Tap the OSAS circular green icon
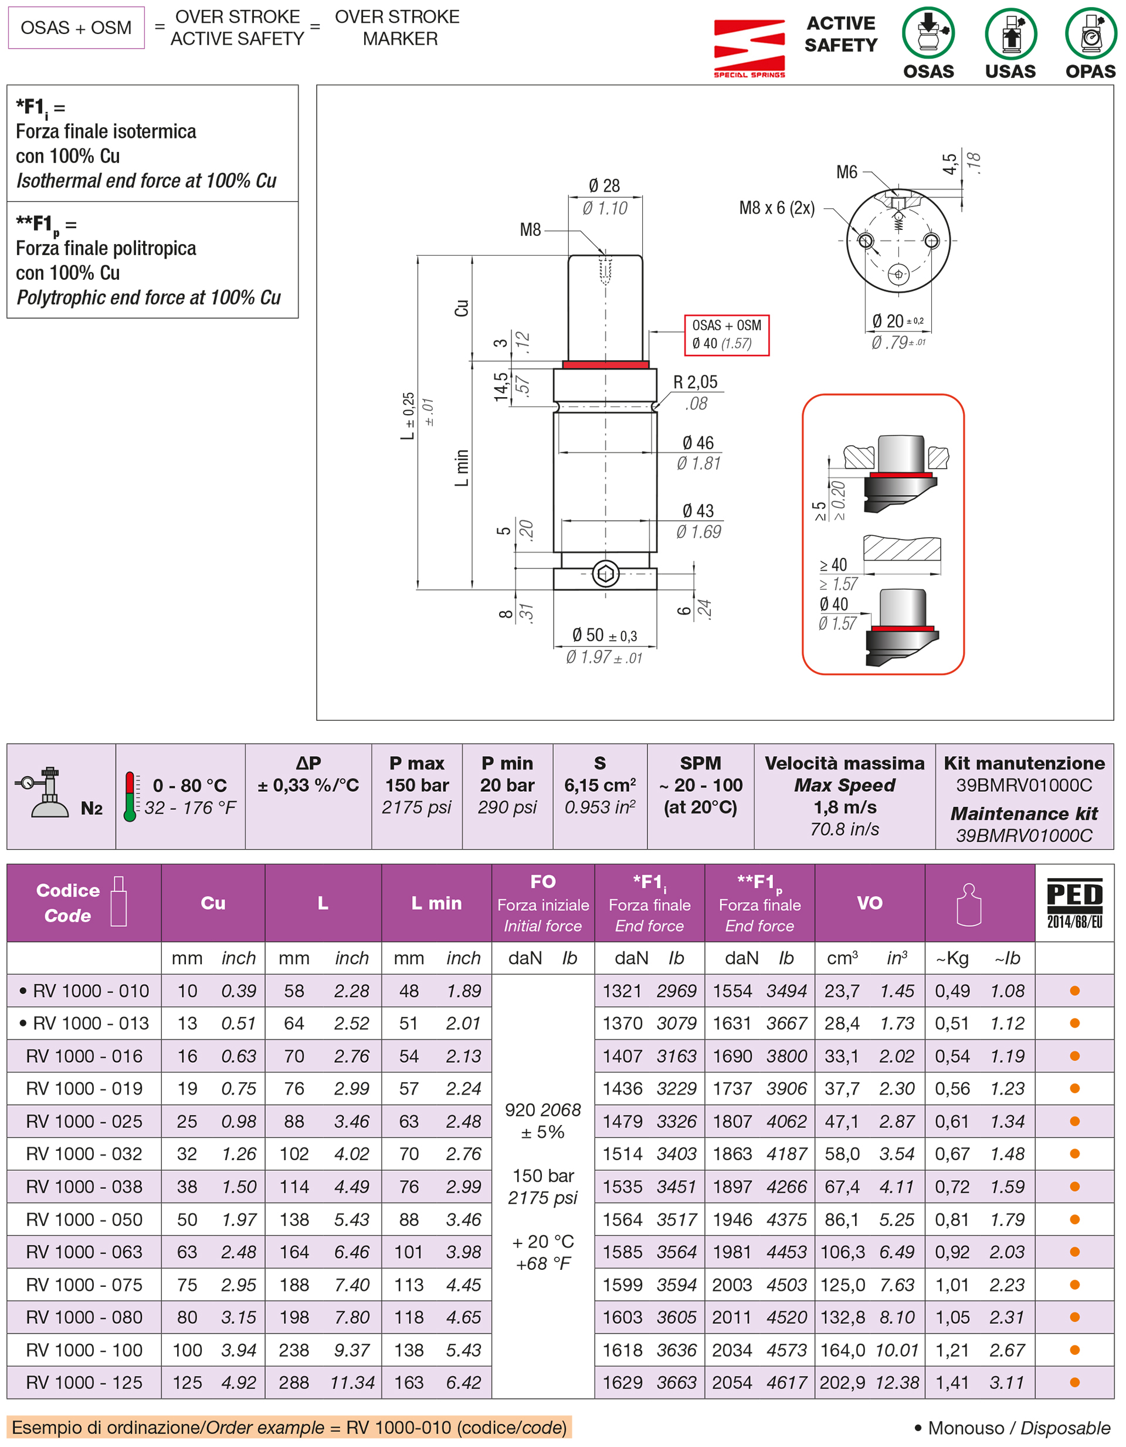(928, 33)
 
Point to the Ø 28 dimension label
(604, 186)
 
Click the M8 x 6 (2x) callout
(776, 208)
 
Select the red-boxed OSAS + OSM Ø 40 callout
(727, 334)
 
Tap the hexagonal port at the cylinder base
(605, 574)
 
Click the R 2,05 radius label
(696, 382)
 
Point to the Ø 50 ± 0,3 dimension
(604, 635)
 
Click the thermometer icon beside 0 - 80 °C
(130, 796)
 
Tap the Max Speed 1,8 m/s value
(844, 807)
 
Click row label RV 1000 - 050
(84, 1219)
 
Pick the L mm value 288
(293, 1382)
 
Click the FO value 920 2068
(542, 1110)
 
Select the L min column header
(436, 903)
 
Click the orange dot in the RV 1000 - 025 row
(1074, 1121)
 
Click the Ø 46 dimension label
(698, 443)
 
